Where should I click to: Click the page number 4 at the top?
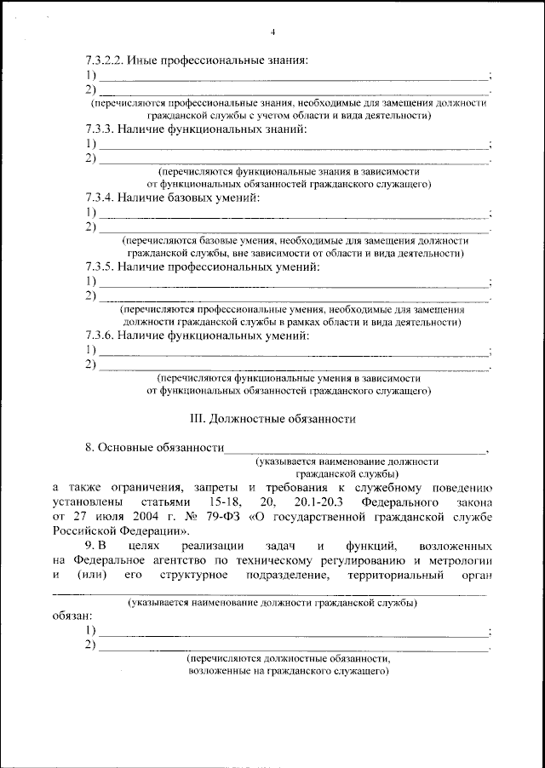tap(272, 32)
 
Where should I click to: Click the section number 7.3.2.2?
tap(106, 60)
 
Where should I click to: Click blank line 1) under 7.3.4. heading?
tap(294, 214)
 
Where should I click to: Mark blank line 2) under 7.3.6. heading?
tap(294, 366)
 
